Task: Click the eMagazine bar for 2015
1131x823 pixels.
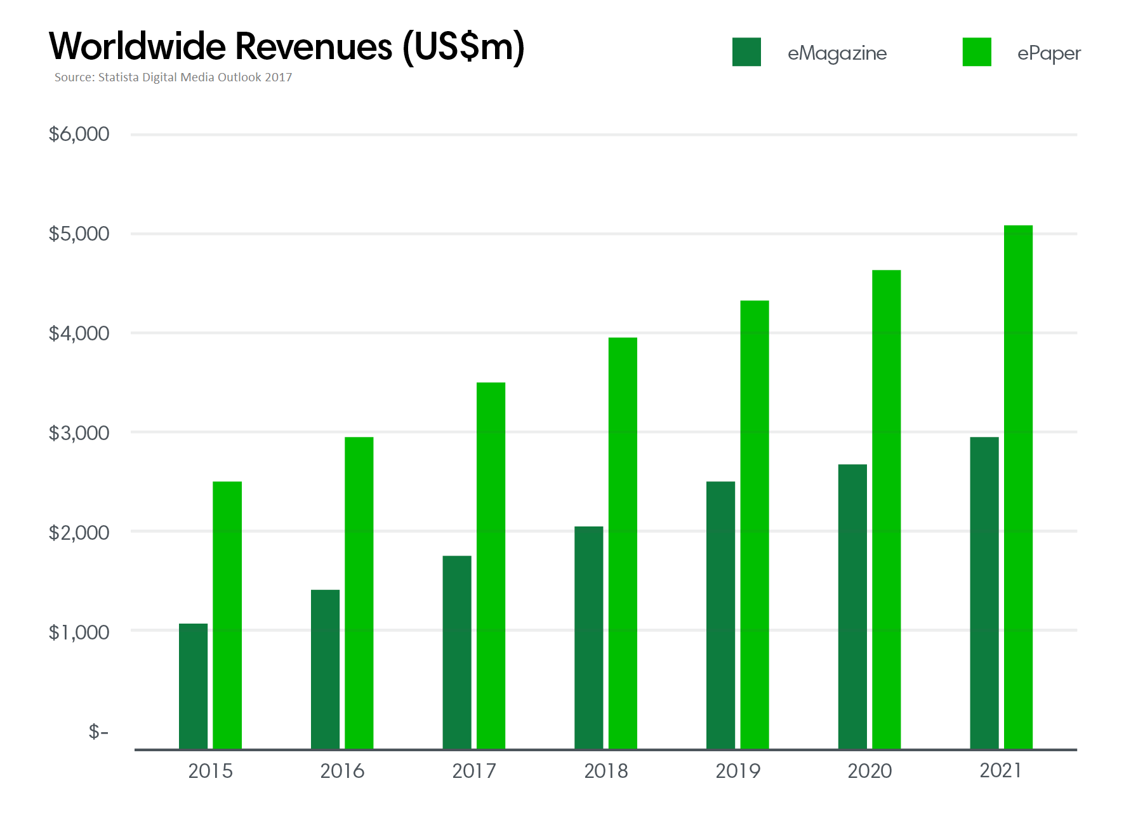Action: point(193,686)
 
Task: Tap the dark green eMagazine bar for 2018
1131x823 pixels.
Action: point(588,638)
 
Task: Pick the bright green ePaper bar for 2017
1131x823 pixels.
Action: point(491,565)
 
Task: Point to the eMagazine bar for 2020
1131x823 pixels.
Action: point(852,606)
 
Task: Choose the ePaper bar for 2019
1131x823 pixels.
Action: point(755,525)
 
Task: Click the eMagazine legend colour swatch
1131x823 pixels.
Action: point(746,52)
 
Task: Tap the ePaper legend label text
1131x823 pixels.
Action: point(1048,53)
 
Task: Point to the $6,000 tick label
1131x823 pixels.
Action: point(79,134)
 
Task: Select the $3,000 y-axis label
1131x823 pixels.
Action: point(79,433)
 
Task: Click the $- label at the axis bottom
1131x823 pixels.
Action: point(98,732)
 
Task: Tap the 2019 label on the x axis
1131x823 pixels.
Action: point(737,771)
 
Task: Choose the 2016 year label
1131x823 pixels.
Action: point(342,771)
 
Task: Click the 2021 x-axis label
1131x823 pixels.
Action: point(1001,770)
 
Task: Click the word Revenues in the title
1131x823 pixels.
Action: point(314,46)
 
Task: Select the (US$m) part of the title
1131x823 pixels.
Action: point(464,47)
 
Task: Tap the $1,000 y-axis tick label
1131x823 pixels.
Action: point(79,632)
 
